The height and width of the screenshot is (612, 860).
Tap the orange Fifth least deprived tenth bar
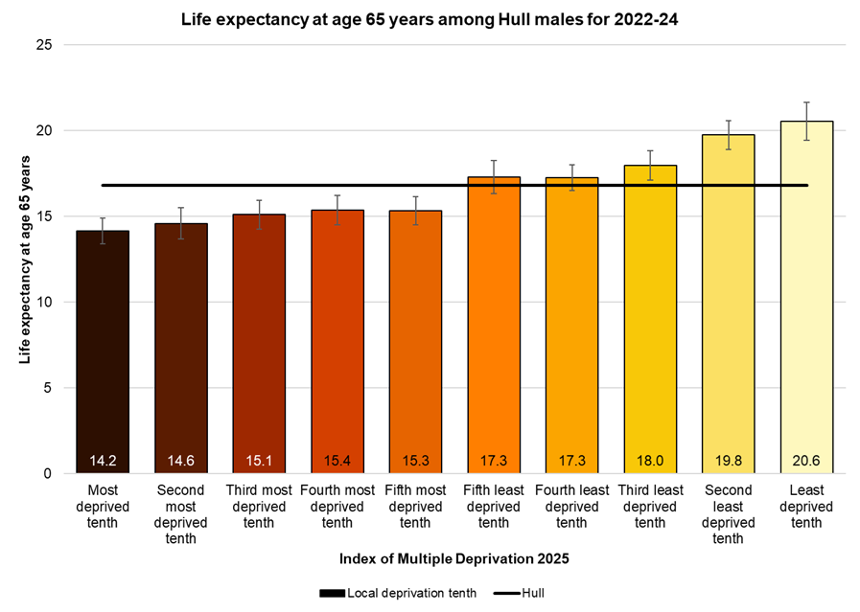tap(493, 326)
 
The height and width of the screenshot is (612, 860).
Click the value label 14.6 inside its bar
tap(181, 461)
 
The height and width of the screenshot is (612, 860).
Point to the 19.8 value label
tap(728, 461)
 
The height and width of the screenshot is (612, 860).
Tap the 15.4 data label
tap(337, 461)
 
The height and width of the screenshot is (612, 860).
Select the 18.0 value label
tap(650, 461)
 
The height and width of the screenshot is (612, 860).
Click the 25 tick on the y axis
tap(44, 45)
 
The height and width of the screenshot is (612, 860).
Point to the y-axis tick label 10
tap(44, 302)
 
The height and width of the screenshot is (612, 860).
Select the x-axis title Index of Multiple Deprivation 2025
tap(430, 558)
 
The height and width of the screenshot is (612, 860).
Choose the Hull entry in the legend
tap(522, 593)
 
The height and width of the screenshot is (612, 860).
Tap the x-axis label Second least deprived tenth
tap(728, 514)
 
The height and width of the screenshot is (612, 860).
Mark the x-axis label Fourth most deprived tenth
tap(337, 507)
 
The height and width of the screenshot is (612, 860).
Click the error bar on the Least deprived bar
tap(806, 121)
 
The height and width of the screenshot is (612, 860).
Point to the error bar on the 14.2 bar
tap(103, 231)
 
